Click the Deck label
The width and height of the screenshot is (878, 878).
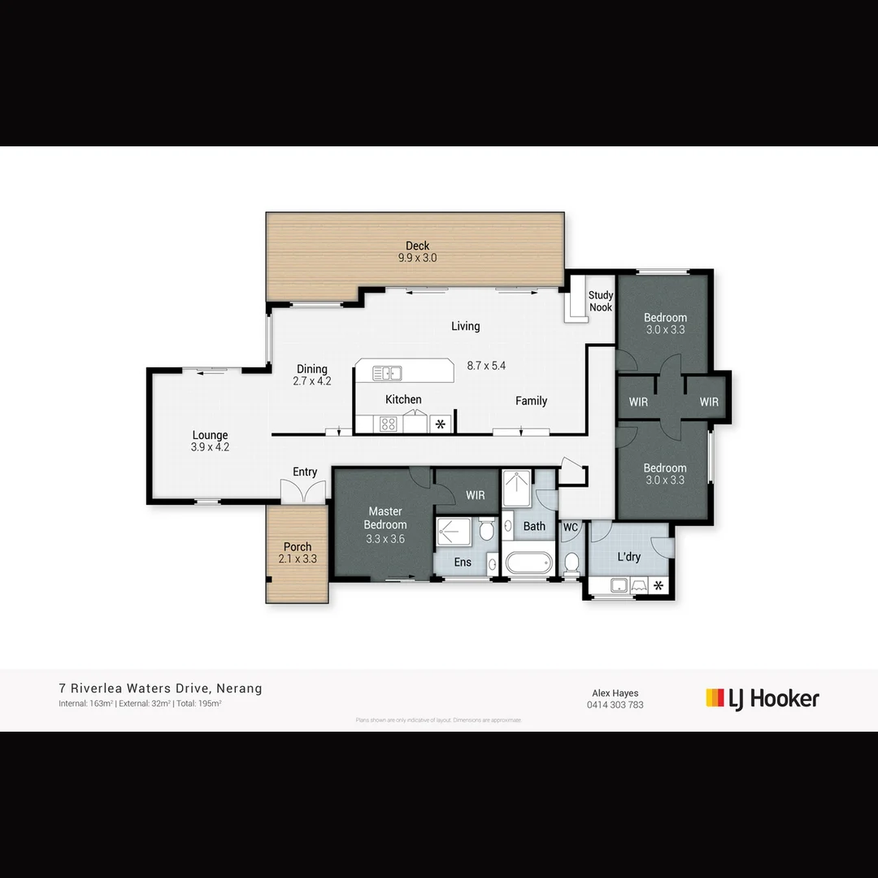click(418, 246)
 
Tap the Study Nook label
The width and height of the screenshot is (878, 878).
click(601, 302)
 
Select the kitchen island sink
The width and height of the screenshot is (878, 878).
click(387, 373)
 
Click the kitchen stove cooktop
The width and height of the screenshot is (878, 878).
click(388, 424)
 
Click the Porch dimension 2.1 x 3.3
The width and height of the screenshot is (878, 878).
click(298, 559)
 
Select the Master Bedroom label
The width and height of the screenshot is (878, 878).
click(385, 518)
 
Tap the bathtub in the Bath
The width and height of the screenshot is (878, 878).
click(528, 563)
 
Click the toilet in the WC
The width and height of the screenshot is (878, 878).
click(572, 561)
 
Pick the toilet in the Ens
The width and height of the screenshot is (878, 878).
click(485, 531)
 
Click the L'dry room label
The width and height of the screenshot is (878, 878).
click(629, 557)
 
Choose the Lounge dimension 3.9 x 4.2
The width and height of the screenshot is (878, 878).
click(210, 446)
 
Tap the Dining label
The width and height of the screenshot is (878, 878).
click(312, 369)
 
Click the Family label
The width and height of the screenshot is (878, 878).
click(531, 401)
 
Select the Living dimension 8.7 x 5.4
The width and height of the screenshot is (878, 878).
click(487, 366)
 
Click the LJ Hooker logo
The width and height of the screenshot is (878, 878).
click(762, 698)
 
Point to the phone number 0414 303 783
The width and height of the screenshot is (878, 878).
click(615, 705)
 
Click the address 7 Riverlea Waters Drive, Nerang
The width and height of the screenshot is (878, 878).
click(160, 689)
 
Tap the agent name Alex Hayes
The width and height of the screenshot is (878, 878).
click(615, 693)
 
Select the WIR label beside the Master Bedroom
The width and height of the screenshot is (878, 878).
click(476, 495)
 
